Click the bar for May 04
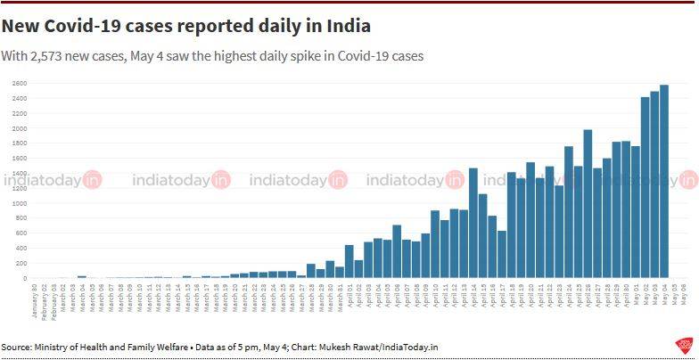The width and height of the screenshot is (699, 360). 664,182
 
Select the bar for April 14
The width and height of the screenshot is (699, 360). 473,223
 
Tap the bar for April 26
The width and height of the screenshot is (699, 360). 588,204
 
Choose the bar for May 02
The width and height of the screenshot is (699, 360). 645,188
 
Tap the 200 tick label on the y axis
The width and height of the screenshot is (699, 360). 20,263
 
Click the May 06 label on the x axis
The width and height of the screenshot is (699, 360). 683,294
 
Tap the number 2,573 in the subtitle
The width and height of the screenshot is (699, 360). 64,55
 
